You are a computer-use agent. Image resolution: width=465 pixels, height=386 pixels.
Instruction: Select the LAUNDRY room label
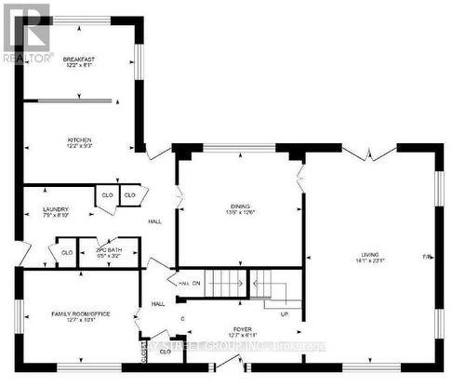click(x=44, y=209)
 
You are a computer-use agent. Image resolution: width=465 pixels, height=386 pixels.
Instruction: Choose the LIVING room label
click(x=376, y=254)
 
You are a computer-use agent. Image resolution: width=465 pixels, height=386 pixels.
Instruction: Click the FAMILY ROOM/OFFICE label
click(x=81, y=313)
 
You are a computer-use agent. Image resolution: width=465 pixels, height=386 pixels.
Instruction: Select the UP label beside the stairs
click(x=285, y=314)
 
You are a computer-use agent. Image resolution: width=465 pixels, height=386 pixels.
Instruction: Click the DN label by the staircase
click(x=196, y=283)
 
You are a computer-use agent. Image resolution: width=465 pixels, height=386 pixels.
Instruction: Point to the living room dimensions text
click(x=376, y=261)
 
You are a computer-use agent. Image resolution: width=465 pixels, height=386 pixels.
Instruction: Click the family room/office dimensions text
click(x=81, y=321)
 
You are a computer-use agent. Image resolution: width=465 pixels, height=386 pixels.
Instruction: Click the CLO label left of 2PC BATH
click(x=67, y=252)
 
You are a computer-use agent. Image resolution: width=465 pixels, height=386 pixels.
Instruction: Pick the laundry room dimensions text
click(x=44, y=217)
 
